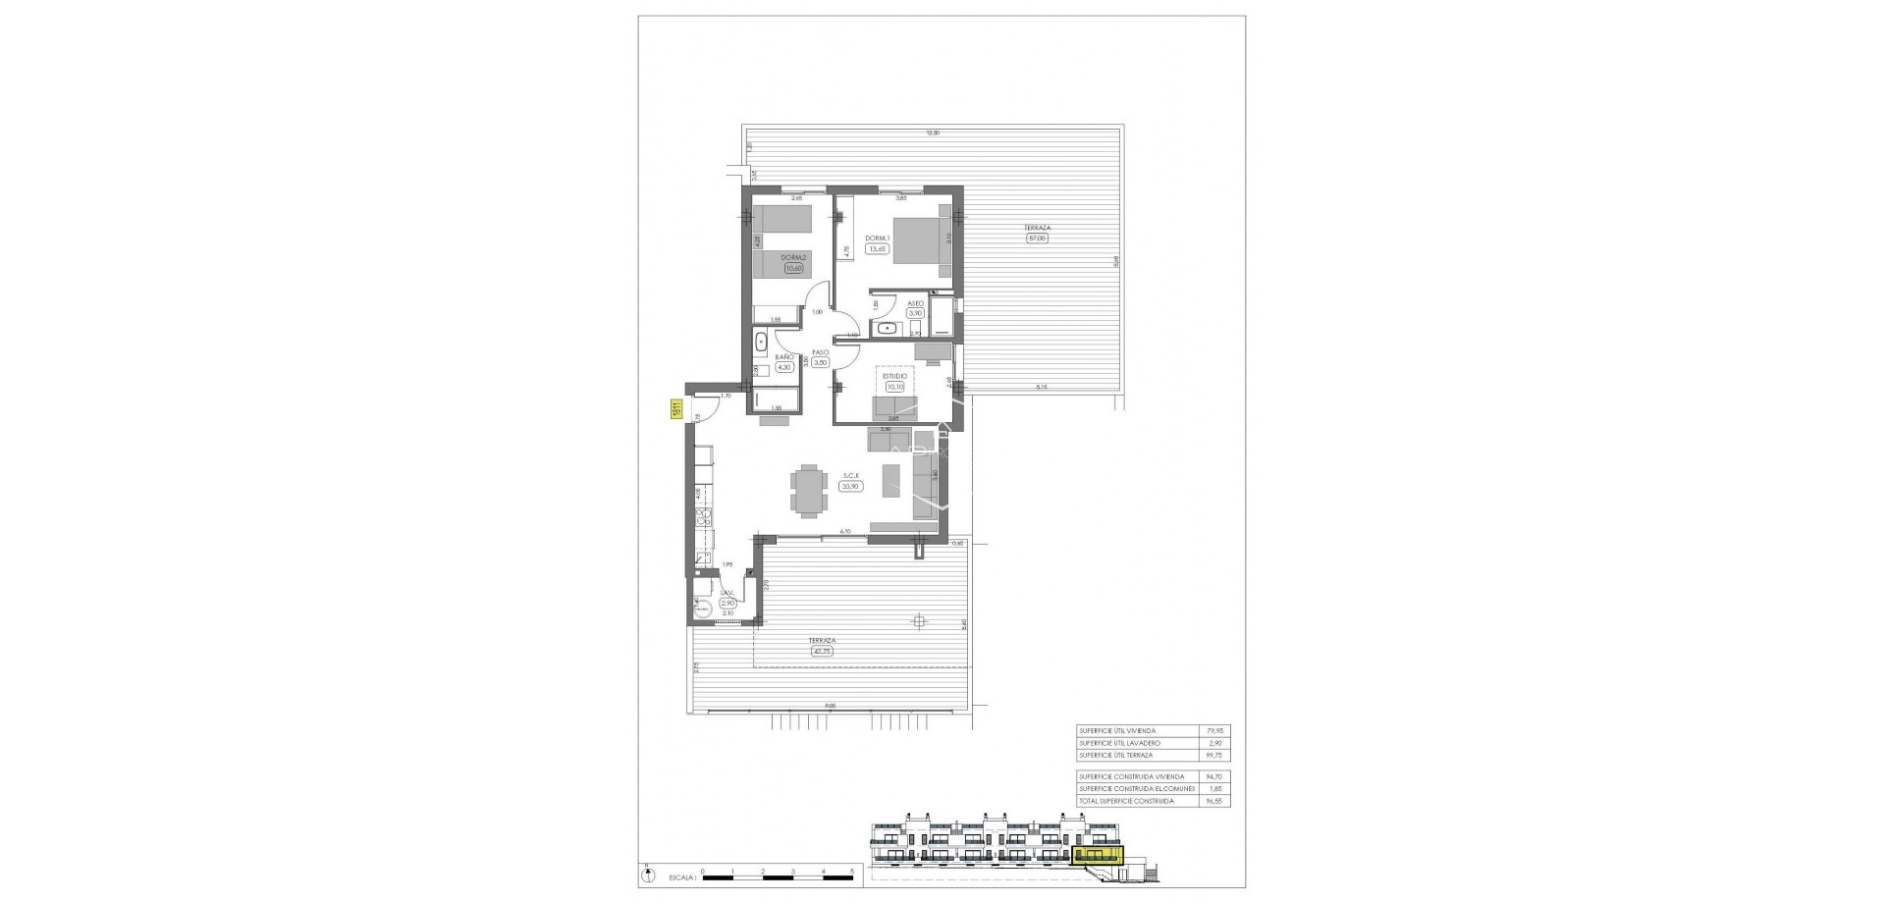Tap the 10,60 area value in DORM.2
793,268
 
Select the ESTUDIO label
894,375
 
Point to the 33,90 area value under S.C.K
850,485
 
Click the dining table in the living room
809,491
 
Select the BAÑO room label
783,357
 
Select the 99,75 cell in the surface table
1217,755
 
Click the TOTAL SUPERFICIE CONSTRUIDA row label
1125,801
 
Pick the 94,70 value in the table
1217,775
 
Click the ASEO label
914,303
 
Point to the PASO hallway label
820,351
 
